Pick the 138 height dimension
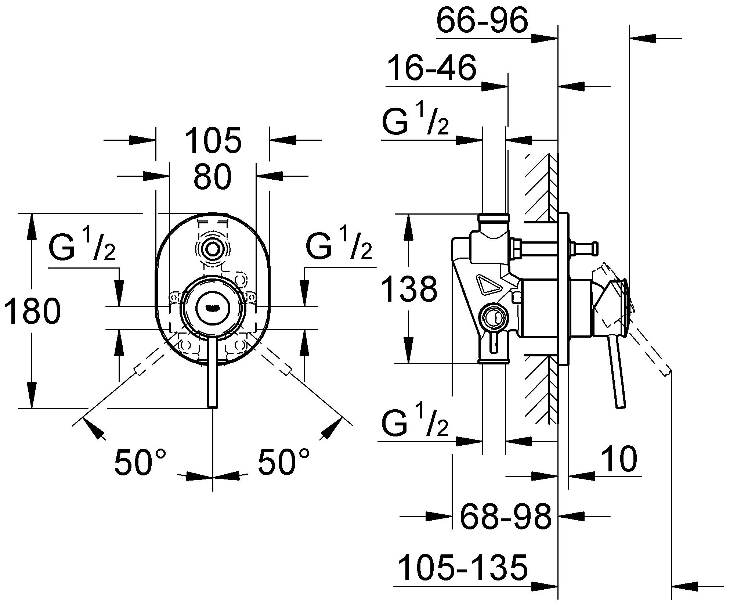[x=409, y=290]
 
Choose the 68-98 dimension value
[x=506, y=517]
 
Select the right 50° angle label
[x=283, y=462]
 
